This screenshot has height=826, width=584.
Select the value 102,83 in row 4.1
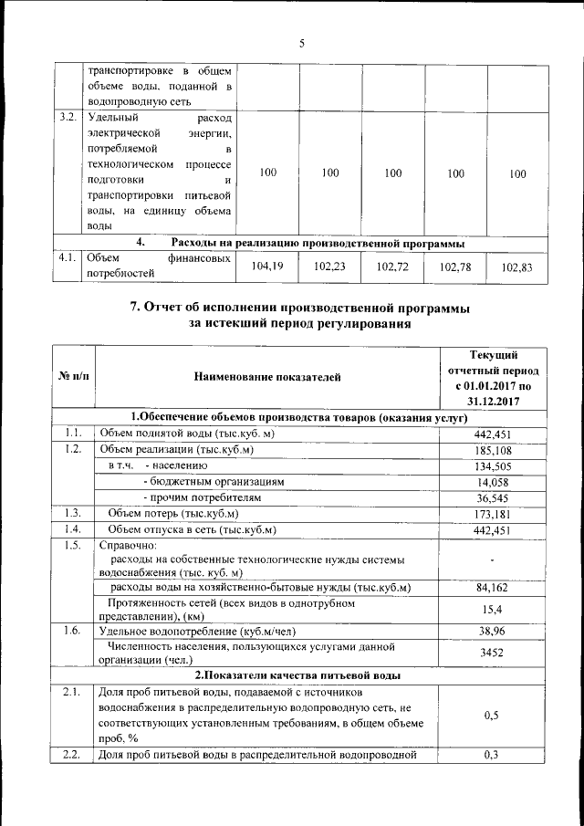[x=516, y=267]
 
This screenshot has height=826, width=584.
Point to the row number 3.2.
[x=67, y=118]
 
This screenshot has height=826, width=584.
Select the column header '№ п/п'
[x=73, y=375]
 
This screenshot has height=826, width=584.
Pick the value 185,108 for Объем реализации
[x=491, y=450]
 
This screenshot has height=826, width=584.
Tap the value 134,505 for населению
[x=491, y=466]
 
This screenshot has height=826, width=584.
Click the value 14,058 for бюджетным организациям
[x=491, y=482]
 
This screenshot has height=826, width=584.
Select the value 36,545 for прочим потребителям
[x=491, y=498]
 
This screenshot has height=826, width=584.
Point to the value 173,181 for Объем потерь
[x=491, y=515]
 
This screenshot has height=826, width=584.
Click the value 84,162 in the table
[x=491, y=587]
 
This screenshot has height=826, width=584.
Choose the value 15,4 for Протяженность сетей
[x=491, y=609]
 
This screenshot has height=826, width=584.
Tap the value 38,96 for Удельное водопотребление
[x=491, y=631]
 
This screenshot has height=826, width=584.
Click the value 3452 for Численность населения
[x=491, y=653]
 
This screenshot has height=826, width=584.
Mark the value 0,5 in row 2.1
[x=491, y=716]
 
